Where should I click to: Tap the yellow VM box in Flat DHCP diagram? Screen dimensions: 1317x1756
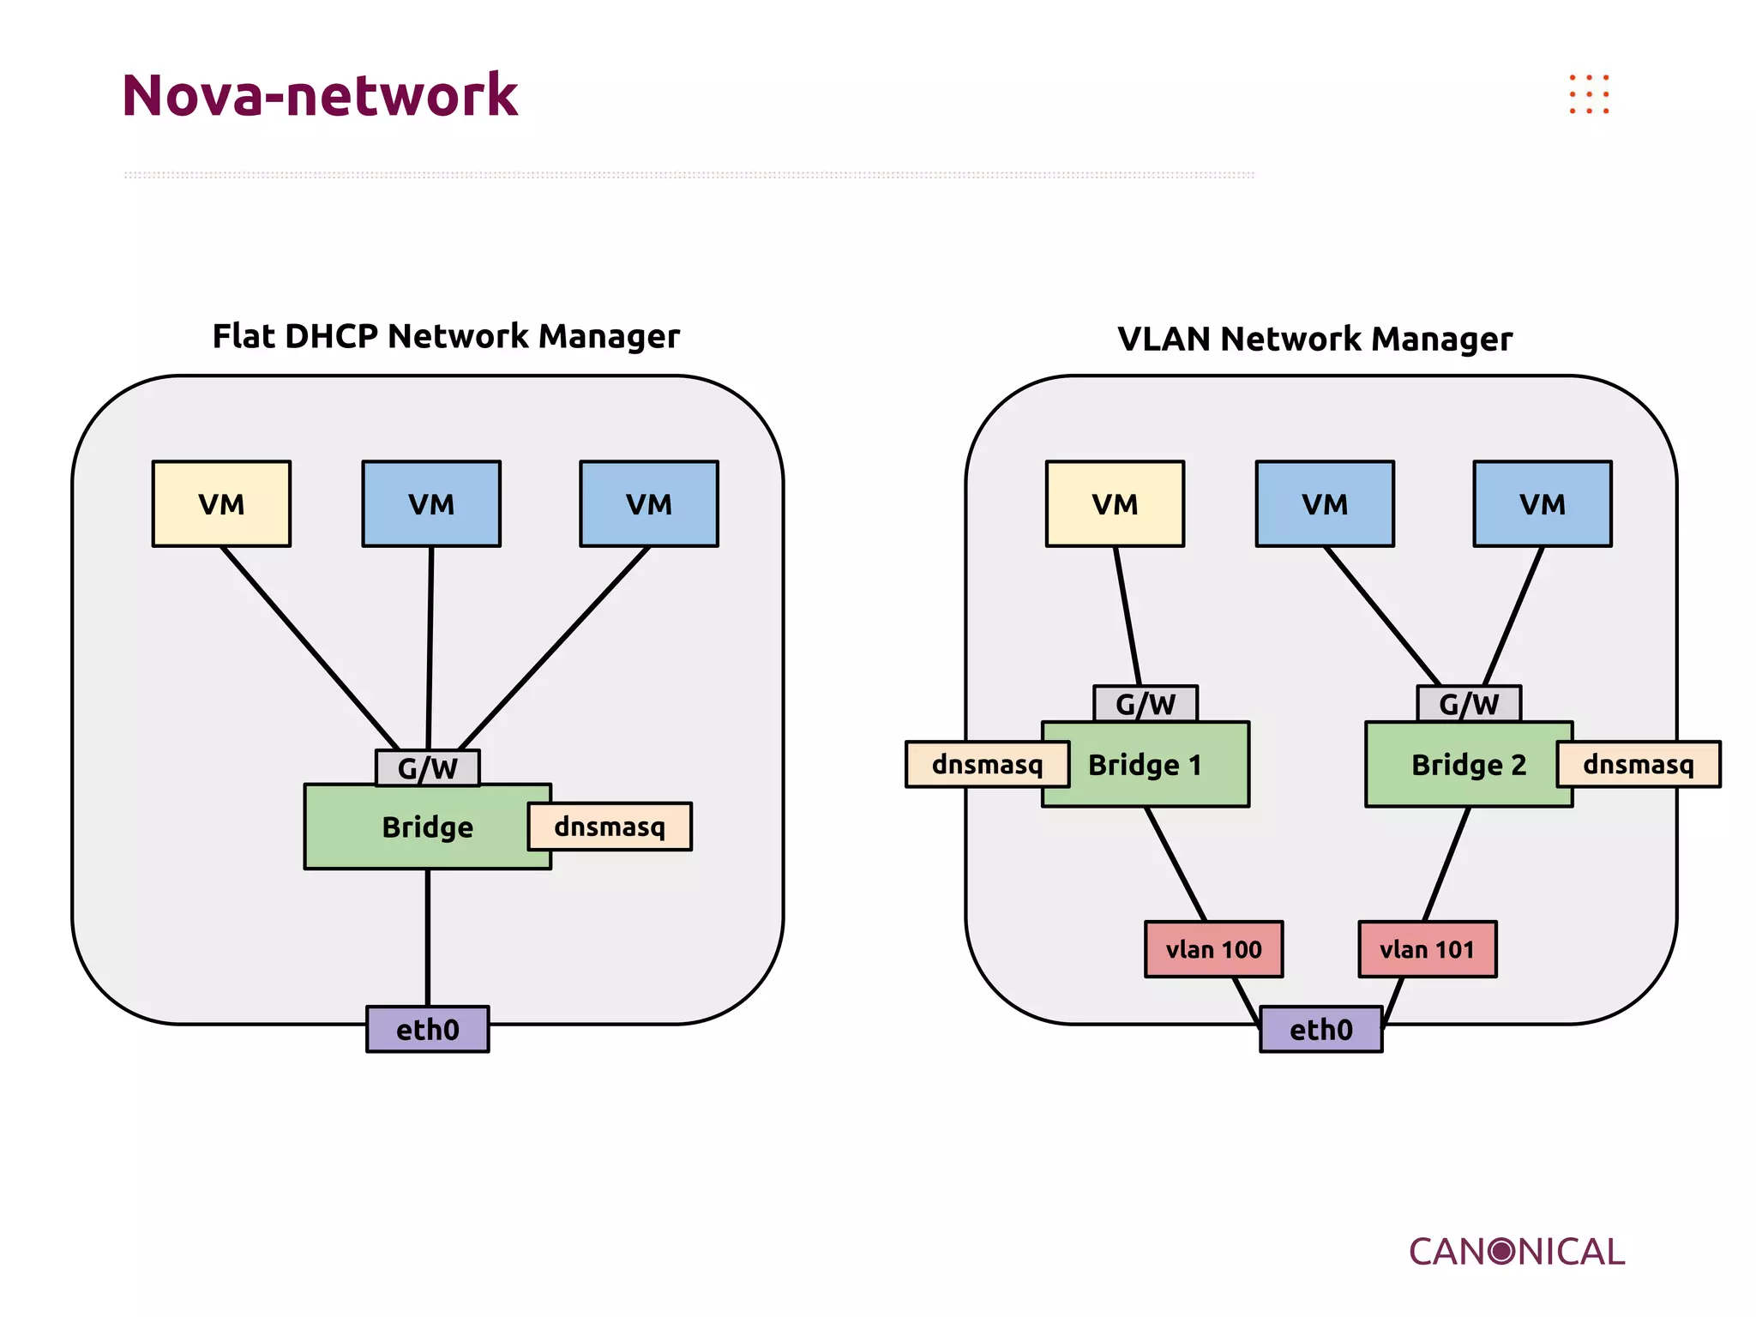[221, 504]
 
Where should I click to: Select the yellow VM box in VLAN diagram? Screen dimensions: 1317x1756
[1115, 504]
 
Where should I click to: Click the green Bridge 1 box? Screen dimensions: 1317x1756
[1145, 765]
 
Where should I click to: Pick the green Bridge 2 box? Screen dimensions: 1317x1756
[1468, 765]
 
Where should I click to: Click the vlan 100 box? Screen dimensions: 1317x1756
[1213, 949]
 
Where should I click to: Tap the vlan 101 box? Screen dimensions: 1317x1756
[1427, 949]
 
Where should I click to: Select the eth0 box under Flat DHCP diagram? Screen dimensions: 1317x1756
[427, 1029]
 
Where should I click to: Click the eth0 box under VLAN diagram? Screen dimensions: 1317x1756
[1320, 1029]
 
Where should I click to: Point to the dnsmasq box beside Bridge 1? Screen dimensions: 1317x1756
[987, 764]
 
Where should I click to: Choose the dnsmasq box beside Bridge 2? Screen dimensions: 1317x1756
[1638, 764]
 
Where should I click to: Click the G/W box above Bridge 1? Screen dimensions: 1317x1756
[1145, 704]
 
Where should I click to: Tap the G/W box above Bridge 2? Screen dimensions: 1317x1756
[1468, 704]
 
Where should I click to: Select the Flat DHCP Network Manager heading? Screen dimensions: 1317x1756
[446, 336]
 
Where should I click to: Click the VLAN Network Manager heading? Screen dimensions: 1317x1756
[1314, 340]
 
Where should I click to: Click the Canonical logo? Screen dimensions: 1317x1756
[1516, 1252]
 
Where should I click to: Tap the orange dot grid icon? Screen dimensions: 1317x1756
[1589, 94]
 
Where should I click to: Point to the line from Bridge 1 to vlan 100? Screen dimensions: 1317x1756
[1176, 864]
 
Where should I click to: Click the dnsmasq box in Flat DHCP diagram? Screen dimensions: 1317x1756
[610, 827]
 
